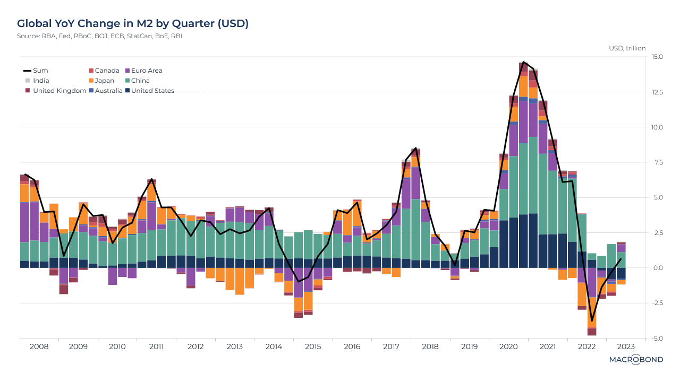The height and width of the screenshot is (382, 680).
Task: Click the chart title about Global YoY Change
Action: pos(133,23)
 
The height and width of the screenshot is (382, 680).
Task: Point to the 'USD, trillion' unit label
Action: pos(627,48)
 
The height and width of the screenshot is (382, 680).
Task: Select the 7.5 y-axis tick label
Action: pos(657,162)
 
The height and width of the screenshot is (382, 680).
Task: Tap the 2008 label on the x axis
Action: pos(39,346)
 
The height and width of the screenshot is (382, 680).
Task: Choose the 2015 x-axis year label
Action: pos(313,346)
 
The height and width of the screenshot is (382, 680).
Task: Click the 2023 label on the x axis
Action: pos(626,346)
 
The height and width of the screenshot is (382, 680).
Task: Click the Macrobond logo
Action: pos(636,360)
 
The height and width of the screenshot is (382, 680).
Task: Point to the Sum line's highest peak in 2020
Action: pos(524,62)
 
